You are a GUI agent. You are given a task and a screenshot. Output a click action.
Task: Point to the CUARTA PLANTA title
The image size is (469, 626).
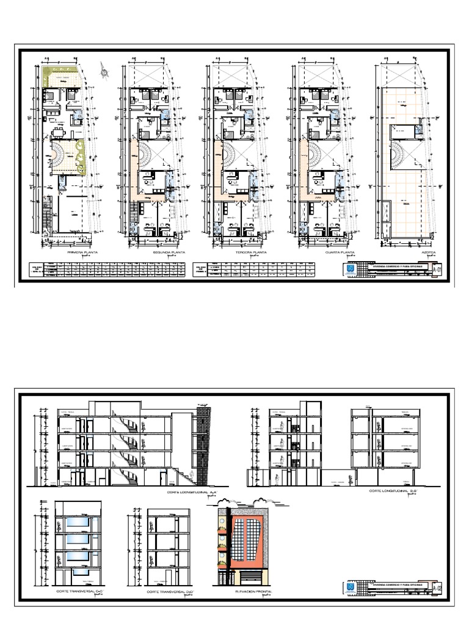point(317,252)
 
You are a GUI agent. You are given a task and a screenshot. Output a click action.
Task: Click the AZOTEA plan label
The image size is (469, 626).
point(401,252)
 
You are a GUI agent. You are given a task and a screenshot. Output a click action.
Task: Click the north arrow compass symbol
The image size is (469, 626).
point(107,72)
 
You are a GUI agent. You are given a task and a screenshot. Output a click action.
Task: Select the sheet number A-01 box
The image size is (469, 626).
point(437,269)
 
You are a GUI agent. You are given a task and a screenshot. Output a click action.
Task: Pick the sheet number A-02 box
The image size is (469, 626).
point(437,588)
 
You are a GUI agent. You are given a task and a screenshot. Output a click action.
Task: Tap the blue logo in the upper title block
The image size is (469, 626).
point(351,269)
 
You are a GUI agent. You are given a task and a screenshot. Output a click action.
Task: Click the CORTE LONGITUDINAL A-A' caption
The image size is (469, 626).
point(192,492)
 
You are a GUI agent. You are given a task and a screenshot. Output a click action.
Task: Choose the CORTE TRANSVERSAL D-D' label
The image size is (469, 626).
point(164,592)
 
